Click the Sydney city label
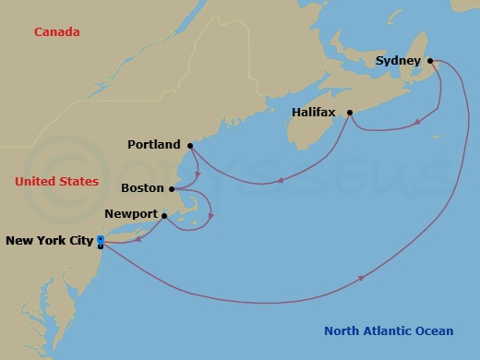pyautogui.click(x=399, y=62)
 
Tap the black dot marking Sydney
pyautogui.click(x=430, y=62)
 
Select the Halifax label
pyautogui.click(x=316, y=113)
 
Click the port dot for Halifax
pyautogui.click(x=350, y=114)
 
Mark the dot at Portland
pyautogui.click(x=189, y=145)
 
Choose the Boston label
pyautogui.click(x=142, y=188)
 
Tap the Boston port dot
pyautogui.click(x=172, y=188)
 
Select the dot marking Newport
pyautogui.click(x=164, y=217)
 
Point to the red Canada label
pyautogui.click(x=57, y=32)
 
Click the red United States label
pyautogui.click(x=57, y=182)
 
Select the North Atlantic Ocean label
pyautogui.click(x=389, y=331)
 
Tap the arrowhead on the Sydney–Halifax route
pyautogui.click(x=419, y=121)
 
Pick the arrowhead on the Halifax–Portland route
pyautogui.click(x=280, y=181)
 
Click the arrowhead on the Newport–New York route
pyautogui.click(x=139, y=239)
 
